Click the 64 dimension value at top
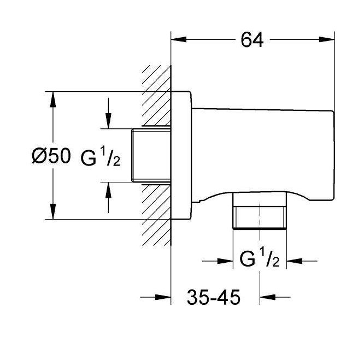pos(252,40)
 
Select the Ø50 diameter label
pos(51,156)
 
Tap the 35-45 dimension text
pos(213,297)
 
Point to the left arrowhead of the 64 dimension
pos(179,40)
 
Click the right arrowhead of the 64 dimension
pos(327,40)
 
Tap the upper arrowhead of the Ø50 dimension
pos(53,99)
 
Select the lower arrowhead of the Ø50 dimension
pos(53,211)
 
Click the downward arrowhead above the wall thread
pos(108,121)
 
